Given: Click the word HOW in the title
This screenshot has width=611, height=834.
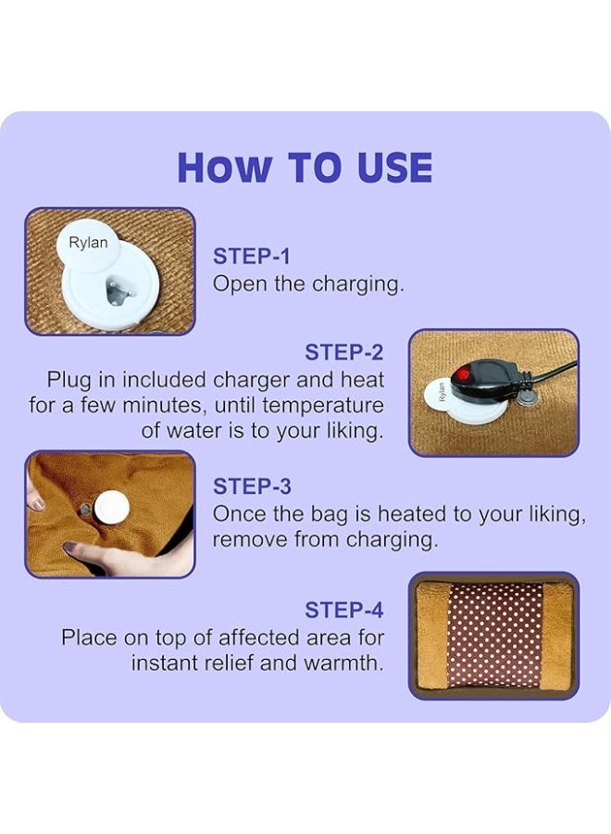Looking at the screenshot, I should [x=225, y=168].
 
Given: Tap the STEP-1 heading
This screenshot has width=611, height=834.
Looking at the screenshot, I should [x=251, y=257].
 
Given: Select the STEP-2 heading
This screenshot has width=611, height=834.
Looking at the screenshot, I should [x=343, y=353].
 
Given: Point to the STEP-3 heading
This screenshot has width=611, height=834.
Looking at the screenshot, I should [x=251, y=486].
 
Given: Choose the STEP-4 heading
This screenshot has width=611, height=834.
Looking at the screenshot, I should [x=343, y=610].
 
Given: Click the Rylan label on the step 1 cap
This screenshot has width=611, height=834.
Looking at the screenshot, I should [x=88, y=244].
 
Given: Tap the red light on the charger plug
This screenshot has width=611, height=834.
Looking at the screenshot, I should [x=461, y=373].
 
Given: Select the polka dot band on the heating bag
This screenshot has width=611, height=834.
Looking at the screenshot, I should [x=494, y=635].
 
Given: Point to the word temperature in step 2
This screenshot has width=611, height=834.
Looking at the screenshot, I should [x=323, y=406].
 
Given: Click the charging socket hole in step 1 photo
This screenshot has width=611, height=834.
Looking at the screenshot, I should [x=117, y=293].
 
